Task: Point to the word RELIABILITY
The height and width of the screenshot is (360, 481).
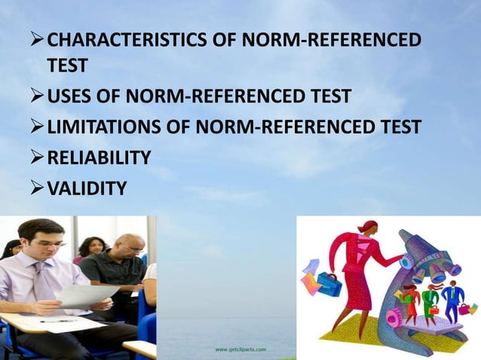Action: tap(99, 157)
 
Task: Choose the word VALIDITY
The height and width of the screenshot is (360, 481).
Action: tap(87, 188)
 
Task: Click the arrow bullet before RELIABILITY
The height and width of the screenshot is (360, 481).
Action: tap(37, 157)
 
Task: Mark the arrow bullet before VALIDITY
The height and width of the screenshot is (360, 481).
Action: tap(37, 188)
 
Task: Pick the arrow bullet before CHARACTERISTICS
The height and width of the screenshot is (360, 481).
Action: tap(37, 39)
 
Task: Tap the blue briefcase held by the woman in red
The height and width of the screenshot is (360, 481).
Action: tap(329, 283)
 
